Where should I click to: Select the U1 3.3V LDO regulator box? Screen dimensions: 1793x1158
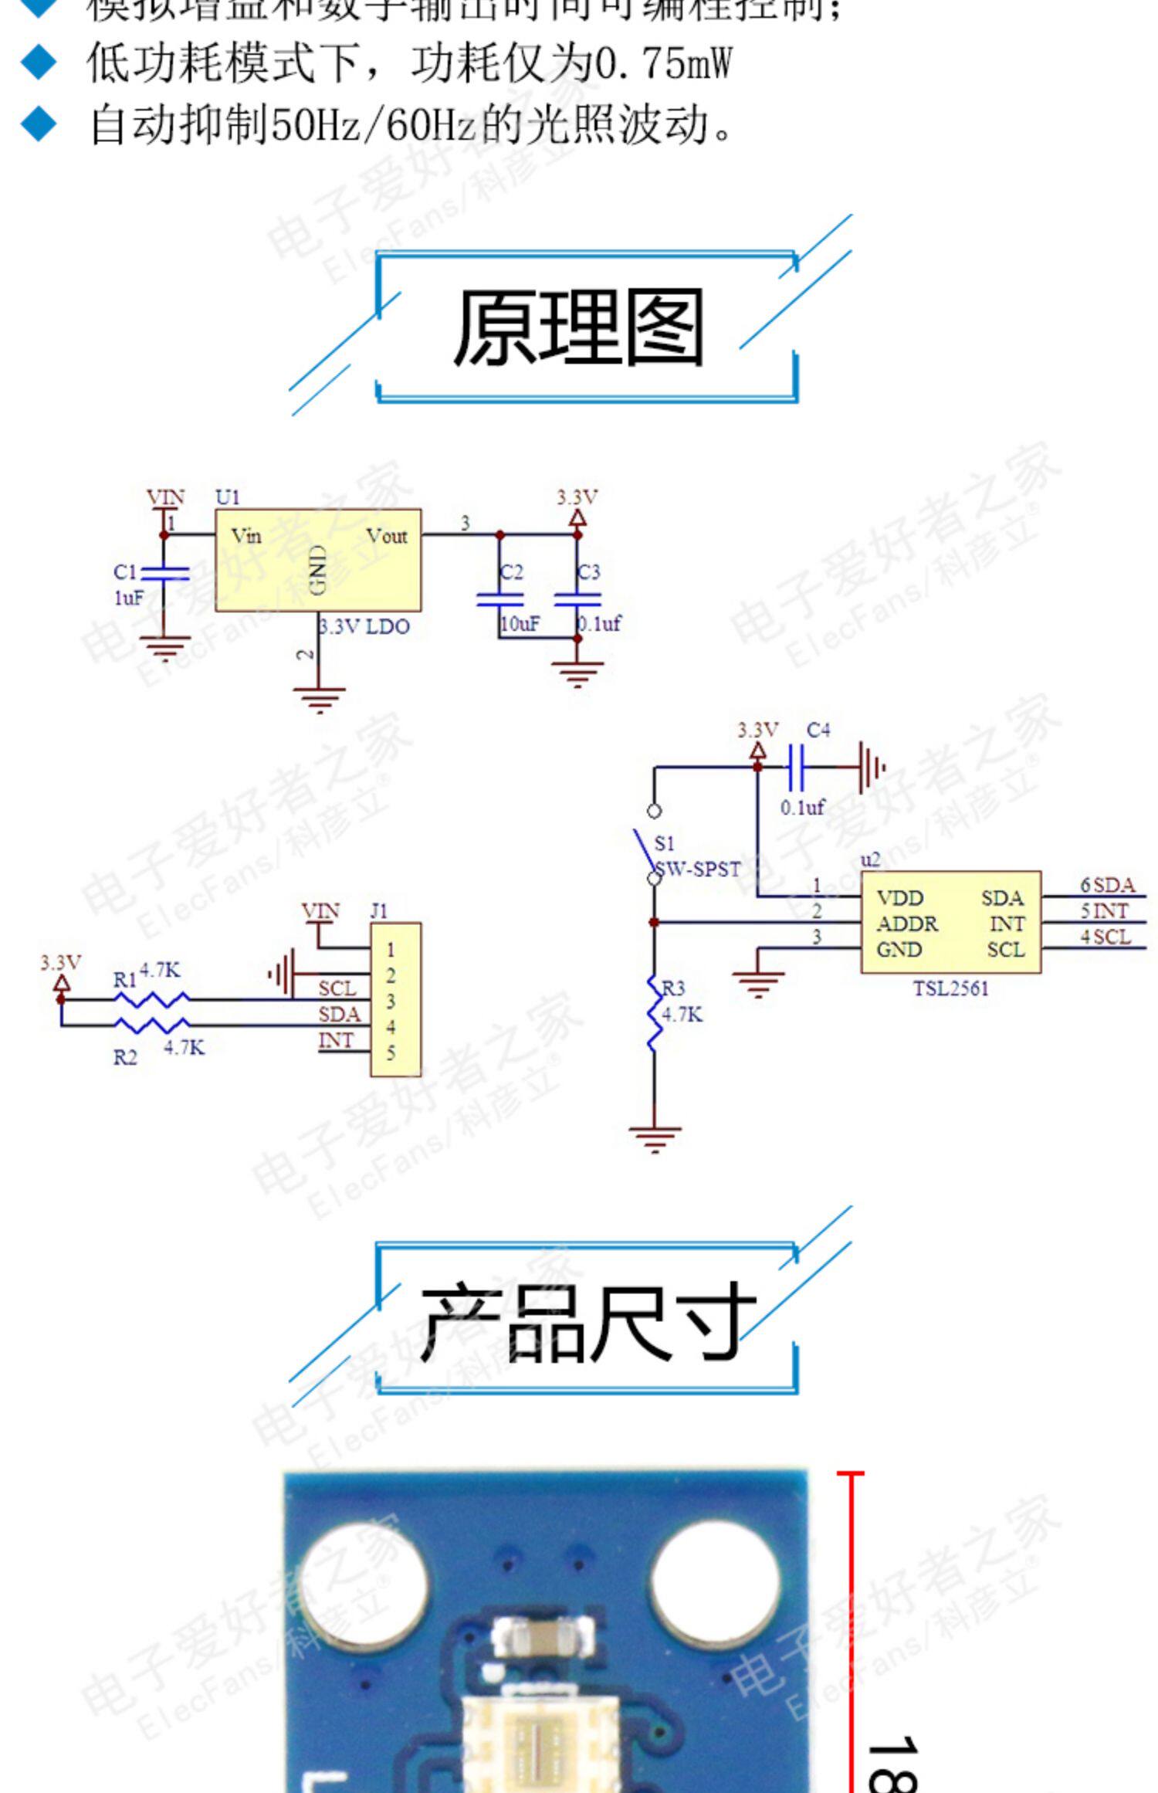317,560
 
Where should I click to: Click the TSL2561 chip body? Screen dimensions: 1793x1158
950,921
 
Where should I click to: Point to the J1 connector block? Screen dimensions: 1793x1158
395,998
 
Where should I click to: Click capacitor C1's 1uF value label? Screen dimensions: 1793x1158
128,598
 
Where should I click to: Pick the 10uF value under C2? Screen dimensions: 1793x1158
520,624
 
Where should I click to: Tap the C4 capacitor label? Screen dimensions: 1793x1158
818,730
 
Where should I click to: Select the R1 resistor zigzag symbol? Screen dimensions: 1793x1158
151,999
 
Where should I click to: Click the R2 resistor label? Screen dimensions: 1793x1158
125,1057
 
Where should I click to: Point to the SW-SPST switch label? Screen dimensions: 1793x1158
699,869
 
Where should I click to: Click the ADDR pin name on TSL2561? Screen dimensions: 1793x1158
907,924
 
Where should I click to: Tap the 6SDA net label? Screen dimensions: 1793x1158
1107,885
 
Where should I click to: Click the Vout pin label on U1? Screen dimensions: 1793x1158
387,536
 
